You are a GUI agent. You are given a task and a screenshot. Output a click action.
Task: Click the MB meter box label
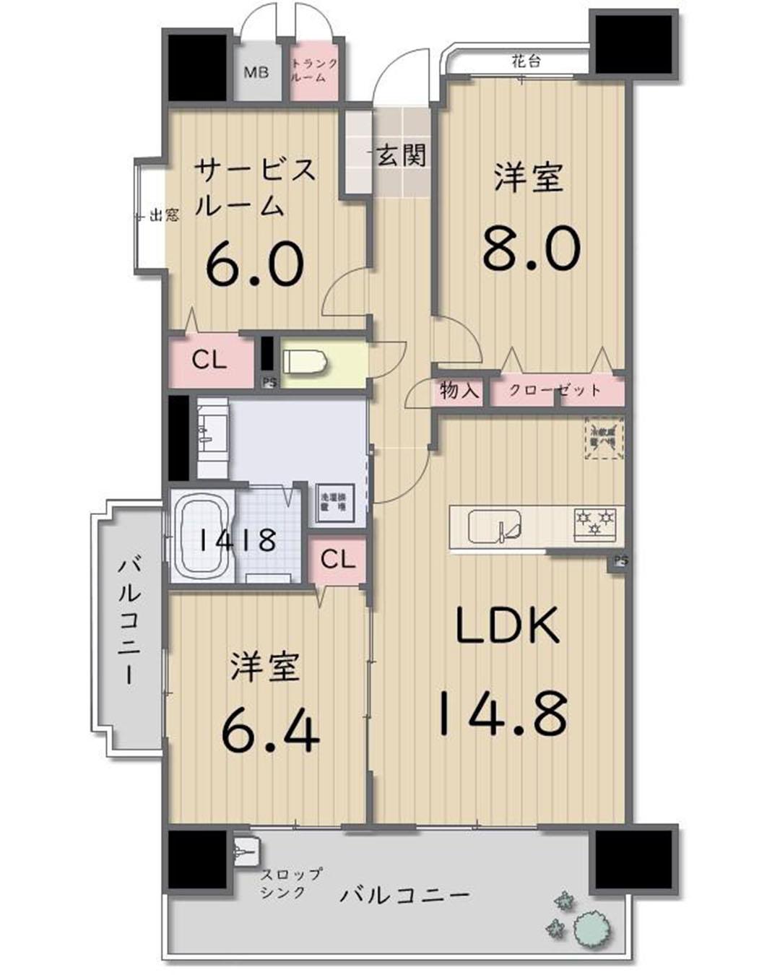click(256, 72)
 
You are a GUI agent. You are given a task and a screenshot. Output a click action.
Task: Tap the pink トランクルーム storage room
click(313, 70)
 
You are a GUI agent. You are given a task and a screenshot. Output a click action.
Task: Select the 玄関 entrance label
click(402, 155)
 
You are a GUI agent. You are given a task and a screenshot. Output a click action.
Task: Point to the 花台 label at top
click(526, 61)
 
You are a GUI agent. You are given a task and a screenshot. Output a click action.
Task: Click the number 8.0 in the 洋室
click(531, 247)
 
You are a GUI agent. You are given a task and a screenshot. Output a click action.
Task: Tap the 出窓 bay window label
click(163, 214)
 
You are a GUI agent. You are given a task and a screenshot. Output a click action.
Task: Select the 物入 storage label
click(460, 391)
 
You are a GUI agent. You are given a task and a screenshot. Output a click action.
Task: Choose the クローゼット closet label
click(555, 391)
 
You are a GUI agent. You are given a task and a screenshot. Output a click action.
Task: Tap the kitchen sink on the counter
click(495, 526)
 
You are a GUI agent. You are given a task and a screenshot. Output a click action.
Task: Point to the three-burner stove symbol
click(595, 522)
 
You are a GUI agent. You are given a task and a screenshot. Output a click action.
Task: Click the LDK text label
click(507, 625)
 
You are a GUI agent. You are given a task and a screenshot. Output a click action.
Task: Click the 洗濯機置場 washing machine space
click(333, 502)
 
